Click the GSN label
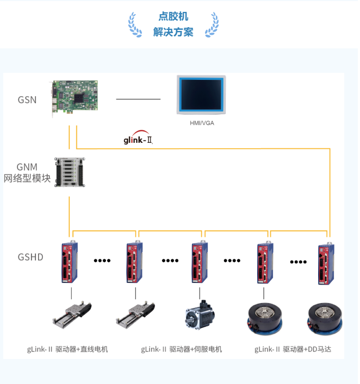27,99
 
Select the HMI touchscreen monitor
201,95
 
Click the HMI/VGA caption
201,123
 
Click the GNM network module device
69,173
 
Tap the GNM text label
27,167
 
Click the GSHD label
30,257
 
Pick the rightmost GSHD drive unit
327,263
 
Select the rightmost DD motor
325,317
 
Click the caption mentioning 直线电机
68,349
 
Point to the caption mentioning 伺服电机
182,349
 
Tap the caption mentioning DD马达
293,349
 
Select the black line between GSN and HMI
138,99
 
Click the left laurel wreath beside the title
135,24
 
